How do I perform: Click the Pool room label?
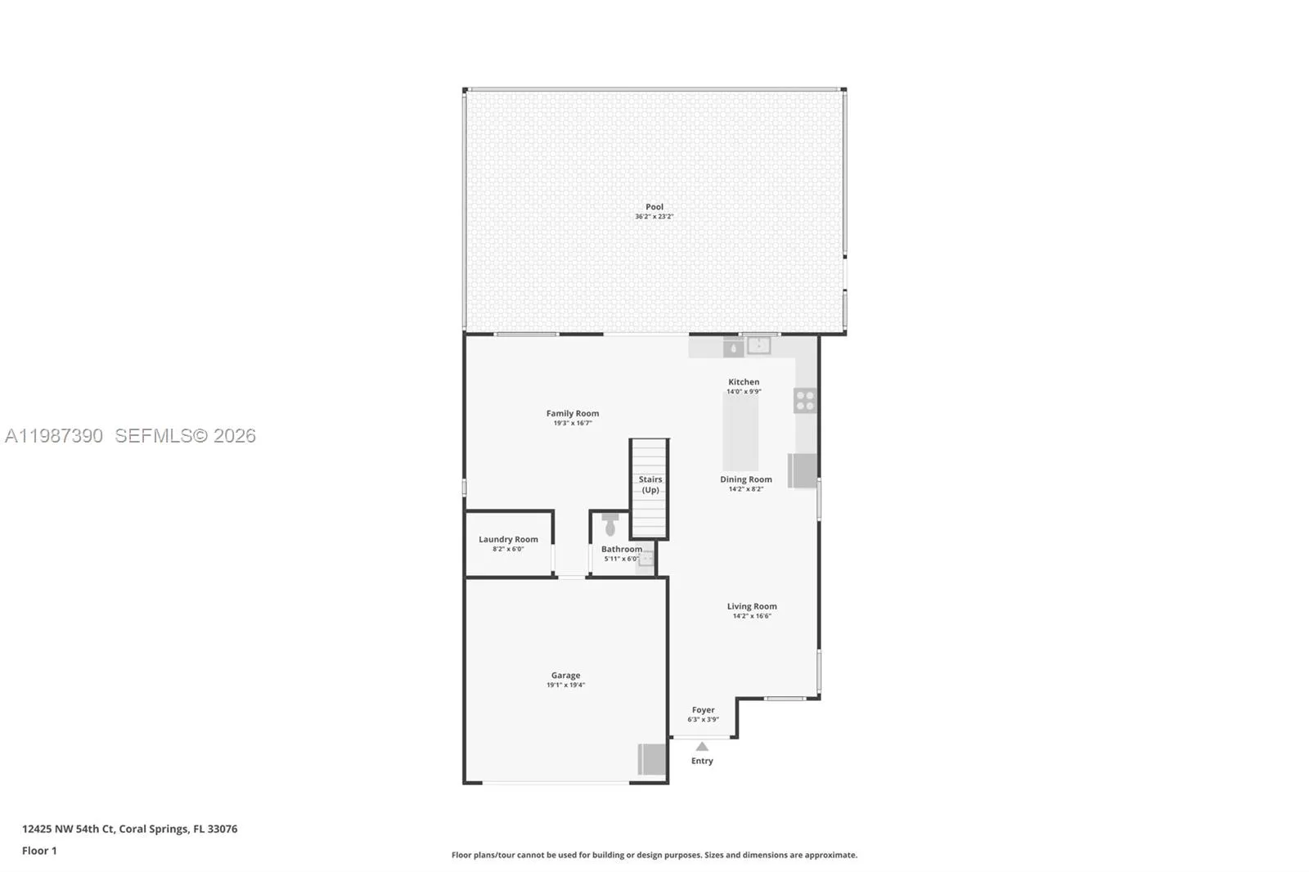pyautogui.click(x=654, y=207)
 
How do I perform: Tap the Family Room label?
pyautogui.click(x=573, y=414)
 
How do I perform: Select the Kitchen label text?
pyautogui.click(x=744, y=382)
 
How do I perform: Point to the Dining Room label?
pyautogui.click(x=745, y=479)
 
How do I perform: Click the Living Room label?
pyautogui.click(x=752, y=606)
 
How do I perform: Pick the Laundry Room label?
pyautogui.click(x=508, y=539)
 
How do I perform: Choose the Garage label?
pyautogui.click(x=565, y=676)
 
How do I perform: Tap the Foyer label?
pyautogui.click(x=703, y=710)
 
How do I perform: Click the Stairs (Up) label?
pyautogui.click(x=650, y=484)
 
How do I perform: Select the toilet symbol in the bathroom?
pyautogui.click(x=610, y=525)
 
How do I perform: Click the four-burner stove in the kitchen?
pyautogui.click(x=805, y=401)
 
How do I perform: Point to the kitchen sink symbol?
pyautogui.click(x=758, y=345)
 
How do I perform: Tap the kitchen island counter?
pyautogui.click(x=740, y=432)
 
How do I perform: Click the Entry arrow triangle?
pyautogui.click(x=702, y=746)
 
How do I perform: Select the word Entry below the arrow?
pyautogui.click(x=702, y=761)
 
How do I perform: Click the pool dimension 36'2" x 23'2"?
pyautogui.click(x=654, y=217)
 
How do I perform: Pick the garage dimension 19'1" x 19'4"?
pyautogui.click(x=565, y=685)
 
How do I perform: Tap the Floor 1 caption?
pyautogui.click(x=39, y=851)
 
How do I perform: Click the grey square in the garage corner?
pyautogui.click(x=652, y=759)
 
